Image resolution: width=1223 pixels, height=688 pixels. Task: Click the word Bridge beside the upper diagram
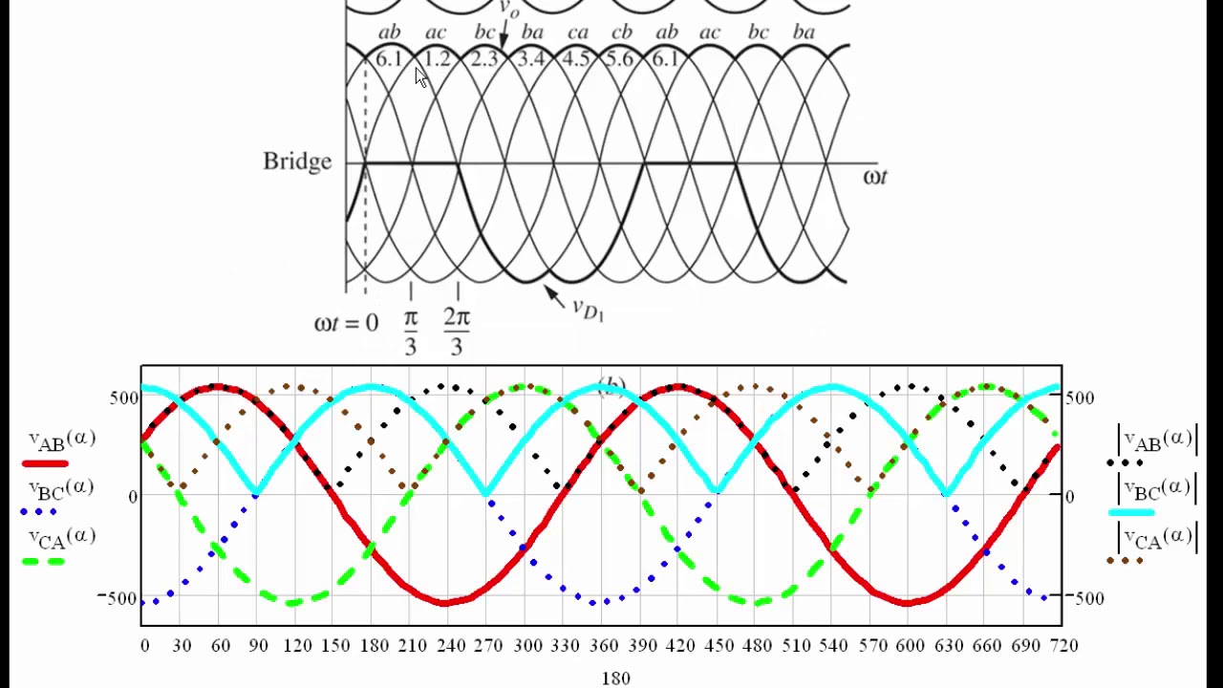tap(297, 161)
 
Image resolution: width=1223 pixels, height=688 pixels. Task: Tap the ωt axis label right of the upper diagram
tap(875, 177)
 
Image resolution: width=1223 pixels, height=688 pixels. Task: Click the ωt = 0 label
tap(346, 323)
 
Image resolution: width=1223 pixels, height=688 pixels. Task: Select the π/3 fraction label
tap(411, 332)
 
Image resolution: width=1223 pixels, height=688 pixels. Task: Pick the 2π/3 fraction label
tap(457, 332)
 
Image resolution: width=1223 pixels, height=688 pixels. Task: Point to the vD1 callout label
tap(588, 309)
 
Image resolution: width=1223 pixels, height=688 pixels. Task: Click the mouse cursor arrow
tap(421, 78)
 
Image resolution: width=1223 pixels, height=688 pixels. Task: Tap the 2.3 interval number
tap(483, 60)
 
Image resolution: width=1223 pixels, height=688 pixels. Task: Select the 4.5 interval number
tap(576, 60)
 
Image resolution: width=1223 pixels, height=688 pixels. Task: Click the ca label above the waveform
tap(578, 33)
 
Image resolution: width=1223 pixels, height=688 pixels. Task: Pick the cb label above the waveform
tap(622, 33)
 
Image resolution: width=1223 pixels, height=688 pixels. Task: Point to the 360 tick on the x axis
tap(604, 646)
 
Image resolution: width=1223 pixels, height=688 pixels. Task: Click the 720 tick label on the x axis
tap(1063, 646)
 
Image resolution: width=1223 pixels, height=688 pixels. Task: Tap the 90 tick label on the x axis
tap(258, 646)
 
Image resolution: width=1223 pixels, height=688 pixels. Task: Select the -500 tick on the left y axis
tap(118, 598)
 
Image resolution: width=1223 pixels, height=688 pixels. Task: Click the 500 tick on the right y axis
tap(1080, 398)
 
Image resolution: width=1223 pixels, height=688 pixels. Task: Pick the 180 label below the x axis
tap(616, 677)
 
